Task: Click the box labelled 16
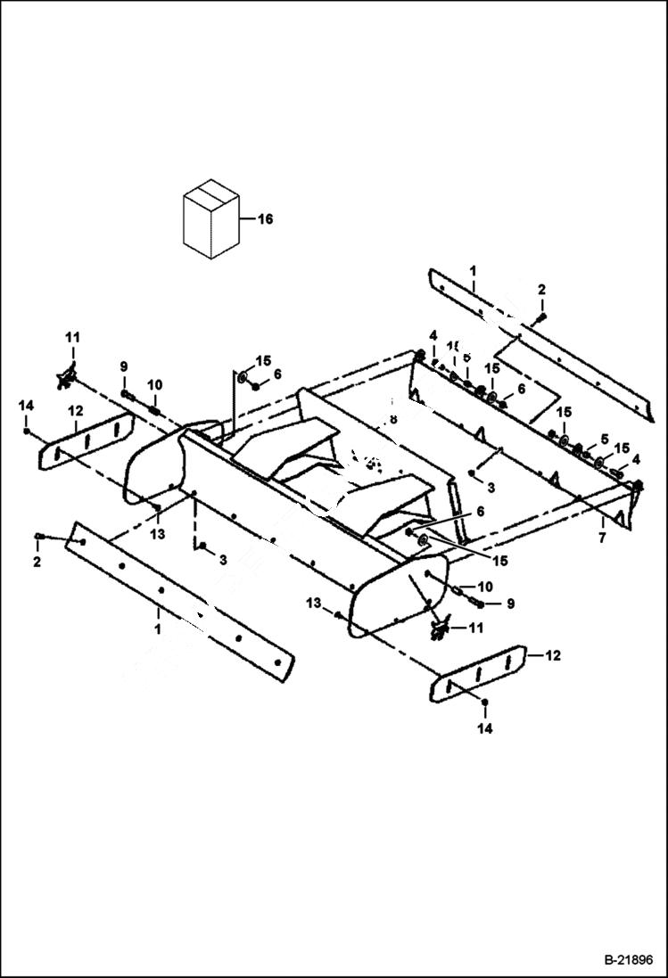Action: pos(210,220)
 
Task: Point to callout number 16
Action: pos(265,219)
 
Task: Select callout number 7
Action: pos(602,539)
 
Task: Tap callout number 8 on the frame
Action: pos(392,418)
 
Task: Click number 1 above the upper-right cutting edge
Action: pos(473,269)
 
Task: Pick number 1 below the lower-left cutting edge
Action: pos(157,629)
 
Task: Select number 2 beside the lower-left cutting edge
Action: pos(37,563)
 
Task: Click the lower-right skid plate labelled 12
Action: pos(477,675)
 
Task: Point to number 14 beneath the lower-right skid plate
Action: pos(484,728)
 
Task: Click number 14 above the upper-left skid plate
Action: pos(26,406)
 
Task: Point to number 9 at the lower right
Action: pos(511,604)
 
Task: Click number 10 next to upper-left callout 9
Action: pos(154,384)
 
